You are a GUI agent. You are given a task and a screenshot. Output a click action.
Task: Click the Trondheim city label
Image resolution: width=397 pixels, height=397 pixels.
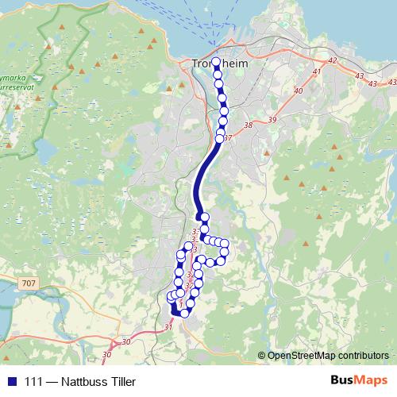pos(222,65)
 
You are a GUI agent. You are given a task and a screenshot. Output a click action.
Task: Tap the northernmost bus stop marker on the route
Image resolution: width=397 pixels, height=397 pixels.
pos(216,61)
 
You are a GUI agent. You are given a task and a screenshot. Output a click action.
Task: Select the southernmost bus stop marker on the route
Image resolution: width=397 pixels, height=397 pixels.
pos(185,313)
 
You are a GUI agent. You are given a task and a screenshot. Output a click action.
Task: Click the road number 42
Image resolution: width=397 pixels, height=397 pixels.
pos(332,61)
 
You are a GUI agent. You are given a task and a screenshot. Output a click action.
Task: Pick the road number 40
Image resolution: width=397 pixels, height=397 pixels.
pos(299,91)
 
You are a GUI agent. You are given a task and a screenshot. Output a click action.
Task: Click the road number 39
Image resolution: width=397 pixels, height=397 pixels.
pos(273,119)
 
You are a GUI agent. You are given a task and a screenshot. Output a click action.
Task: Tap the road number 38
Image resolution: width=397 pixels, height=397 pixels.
pos(249,125)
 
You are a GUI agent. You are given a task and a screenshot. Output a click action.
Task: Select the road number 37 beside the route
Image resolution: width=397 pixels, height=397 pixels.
pos(229,138)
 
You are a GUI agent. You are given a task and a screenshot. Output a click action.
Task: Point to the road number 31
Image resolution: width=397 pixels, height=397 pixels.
pos(168,326)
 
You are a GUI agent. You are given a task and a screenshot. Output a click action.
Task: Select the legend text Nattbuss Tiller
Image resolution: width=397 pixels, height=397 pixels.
pos(98,382)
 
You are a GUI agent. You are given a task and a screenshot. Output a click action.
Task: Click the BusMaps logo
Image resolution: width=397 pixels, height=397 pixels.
pos(359,381)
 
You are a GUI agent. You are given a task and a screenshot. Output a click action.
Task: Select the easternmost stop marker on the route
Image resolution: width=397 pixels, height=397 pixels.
pos(225,244)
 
